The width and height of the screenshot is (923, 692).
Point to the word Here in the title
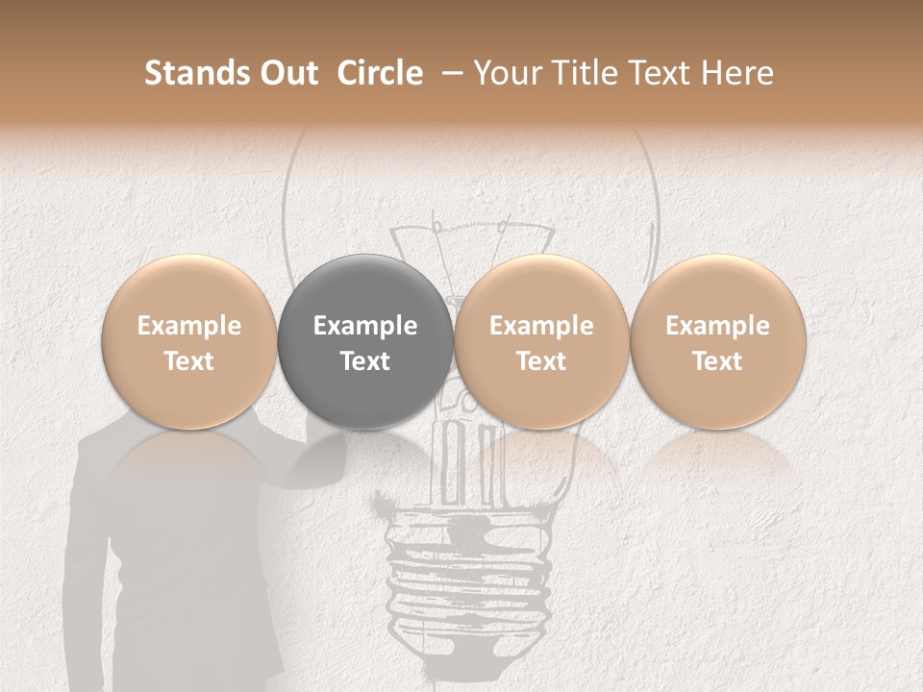(739, 73)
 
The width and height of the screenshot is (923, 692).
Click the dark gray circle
(365, 343)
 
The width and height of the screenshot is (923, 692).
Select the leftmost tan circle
(189, 343)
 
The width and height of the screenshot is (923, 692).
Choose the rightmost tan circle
(717, 343)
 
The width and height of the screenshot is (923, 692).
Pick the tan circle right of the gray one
(541, 343)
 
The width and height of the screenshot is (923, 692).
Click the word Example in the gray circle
(365, 326)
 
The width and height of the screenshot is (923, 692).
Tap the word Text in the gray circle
(365, 361)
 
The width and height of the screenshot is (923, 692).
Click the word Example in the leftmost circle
(189, 326)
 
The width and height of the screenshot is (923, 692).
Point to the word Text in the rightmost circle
(717, 361)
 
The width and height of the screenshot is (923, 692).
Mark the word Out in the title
(287, 73)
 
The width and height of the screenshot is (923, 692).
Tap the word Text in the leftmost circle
(189, 361)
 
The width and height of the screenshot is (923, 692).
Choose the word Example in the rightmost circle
(717, 326)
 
